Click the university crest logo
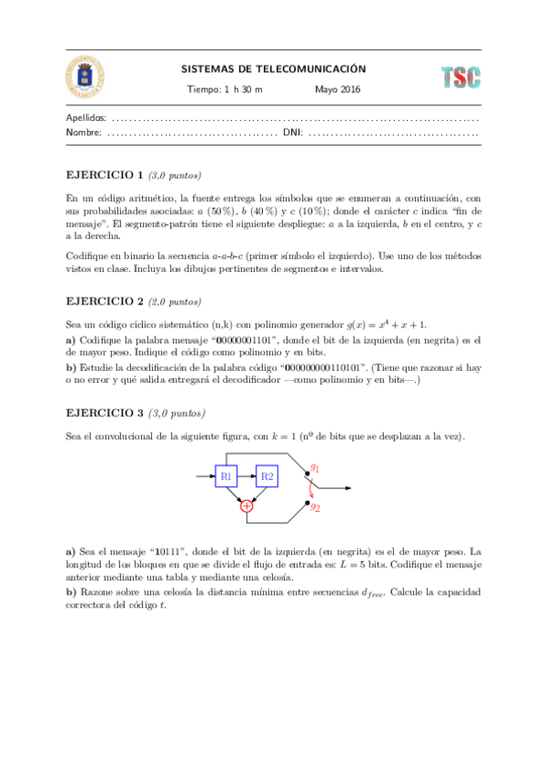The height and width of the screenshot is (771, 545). pyautogui.click(x=84, y=76)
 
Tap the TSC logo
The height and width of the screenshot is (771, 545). pyautogui.click(x=460, y=77)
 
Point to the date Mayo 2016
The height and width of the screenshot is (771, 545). pyautogui.click(x=338, y=89)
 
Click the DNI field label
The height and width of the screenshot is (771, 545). pyautogui.click(x=292, y=133)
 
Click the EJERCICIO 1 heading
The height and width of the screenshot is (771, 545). pyautogui.click(x=105, y=175)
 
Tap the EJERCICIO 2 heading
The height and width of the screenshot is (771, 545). pyautogui.click(x=105, y=301)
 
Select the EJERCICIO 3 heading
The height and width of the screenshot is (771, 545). pyautogui.click(x=105, y=412)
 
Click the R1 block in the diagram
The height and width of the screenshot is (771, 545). pyautogui.click(x=227, y=476)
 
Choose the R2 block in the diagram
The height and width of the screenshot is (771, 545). pyautogui.click(x=267, y=476)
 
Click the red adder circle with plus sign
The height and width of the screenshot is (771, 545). pyautogui.click(x=246, y=506)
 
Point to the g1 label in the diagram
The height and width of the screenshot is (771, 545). pyautogui.click(x=315, y=468)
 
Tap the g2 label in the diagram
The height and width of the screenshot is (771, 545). pyautogui.click(x=315, y=507)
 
